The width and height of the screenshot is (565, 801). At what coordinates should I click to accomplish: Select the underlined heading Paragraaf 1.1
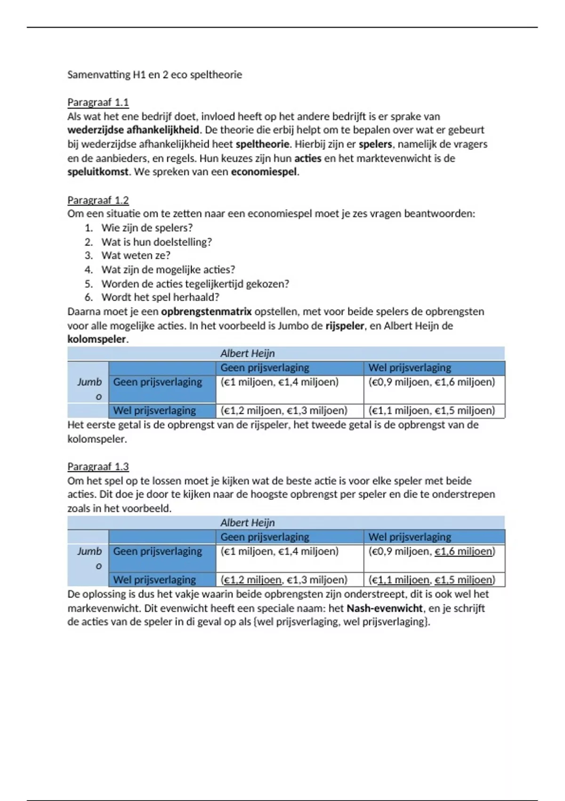pyautogui.click(x=98, y=102)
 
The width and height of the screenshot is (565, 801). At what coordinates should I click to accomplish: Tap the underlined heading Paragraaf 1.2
pyautogui.click(x=98, y=200)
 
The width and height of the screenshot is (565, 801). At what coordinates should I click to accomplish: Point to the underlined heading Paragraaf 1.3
pyautogui.click(x=98, y=466)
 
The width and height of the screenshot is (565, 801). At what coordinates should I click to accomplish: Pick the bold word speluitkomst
pyautogui.click(x=98, y=172)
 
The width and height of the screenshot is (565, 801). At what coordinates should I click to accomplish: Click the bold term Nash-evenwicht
pyautogui.click(x=384, y=608)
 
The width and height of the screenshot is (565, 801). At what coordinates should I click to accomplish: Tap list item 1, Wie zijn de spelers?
pyautogui.click(x=147, y=228)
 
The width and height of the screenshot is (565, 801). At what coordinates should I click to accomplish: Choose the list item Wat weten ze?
pyautogui.click(x=136, y=255)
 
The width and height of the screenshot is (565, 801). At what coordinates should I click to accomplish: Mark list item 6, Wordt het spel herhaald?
pyautogui.click(x=160, y=297)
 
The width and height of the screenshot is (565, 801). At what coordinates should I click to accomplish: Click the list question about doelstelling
pyautogui.click(x=156, y=242)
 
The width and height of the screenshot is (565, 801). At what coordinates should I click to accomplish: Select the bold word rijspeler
pyautogui.click(x=345, y=326)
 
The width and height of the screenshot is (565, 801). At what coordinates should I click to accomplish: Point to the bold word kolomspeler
pyautogui.click(x=97, y=339)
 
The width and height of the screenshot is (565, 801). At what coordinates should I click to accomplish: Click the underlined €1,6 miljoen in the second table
pyautogui.click(x=464, y=551)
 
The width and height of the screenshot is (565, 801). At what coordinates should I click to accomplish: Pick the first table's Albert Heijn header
pyautogui.click(x=247, y=353)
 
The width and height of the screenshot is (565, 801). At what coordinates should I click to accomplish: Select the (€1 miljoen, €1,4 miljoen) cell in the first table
pyautogui.click(x=280, y=382)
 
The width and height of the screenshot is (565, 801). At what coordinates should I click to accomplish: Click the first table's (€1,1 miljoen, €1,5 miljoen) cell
pyautogui.click(x=432, y=410)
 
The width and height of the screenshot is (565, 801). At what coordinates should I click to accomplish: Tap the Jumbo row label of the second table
pyautogui.click(x=89, y=558)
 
